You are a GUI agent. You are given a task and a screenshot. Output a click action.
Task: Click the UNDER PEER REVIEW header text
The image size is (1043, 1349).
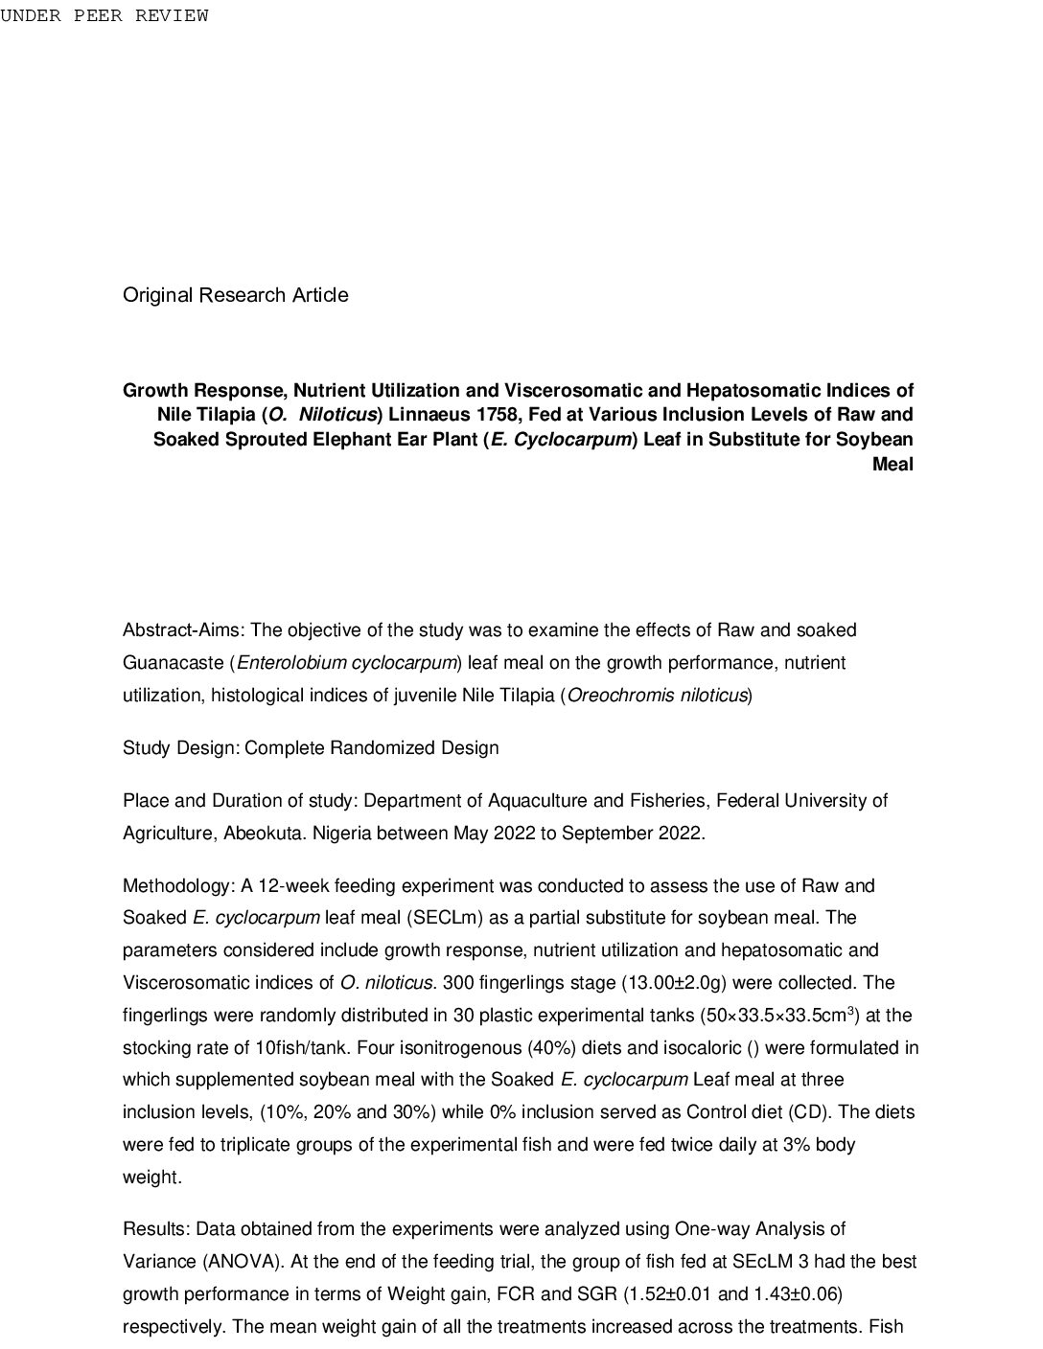click(104, 16)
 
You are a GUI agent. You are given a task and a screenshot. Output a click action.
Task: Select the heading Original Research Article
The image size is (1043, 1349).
click(235, 295)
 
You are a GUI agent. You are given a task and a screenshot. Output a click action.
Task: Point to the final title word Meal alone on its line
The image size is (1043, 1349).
click(892, 465)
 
